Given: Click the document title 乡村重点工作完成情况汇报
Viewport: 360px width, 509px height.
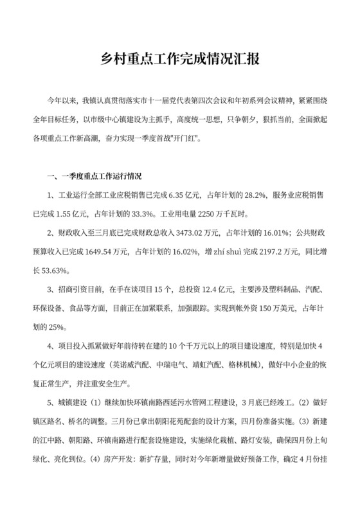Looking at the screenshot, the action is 180,62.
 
